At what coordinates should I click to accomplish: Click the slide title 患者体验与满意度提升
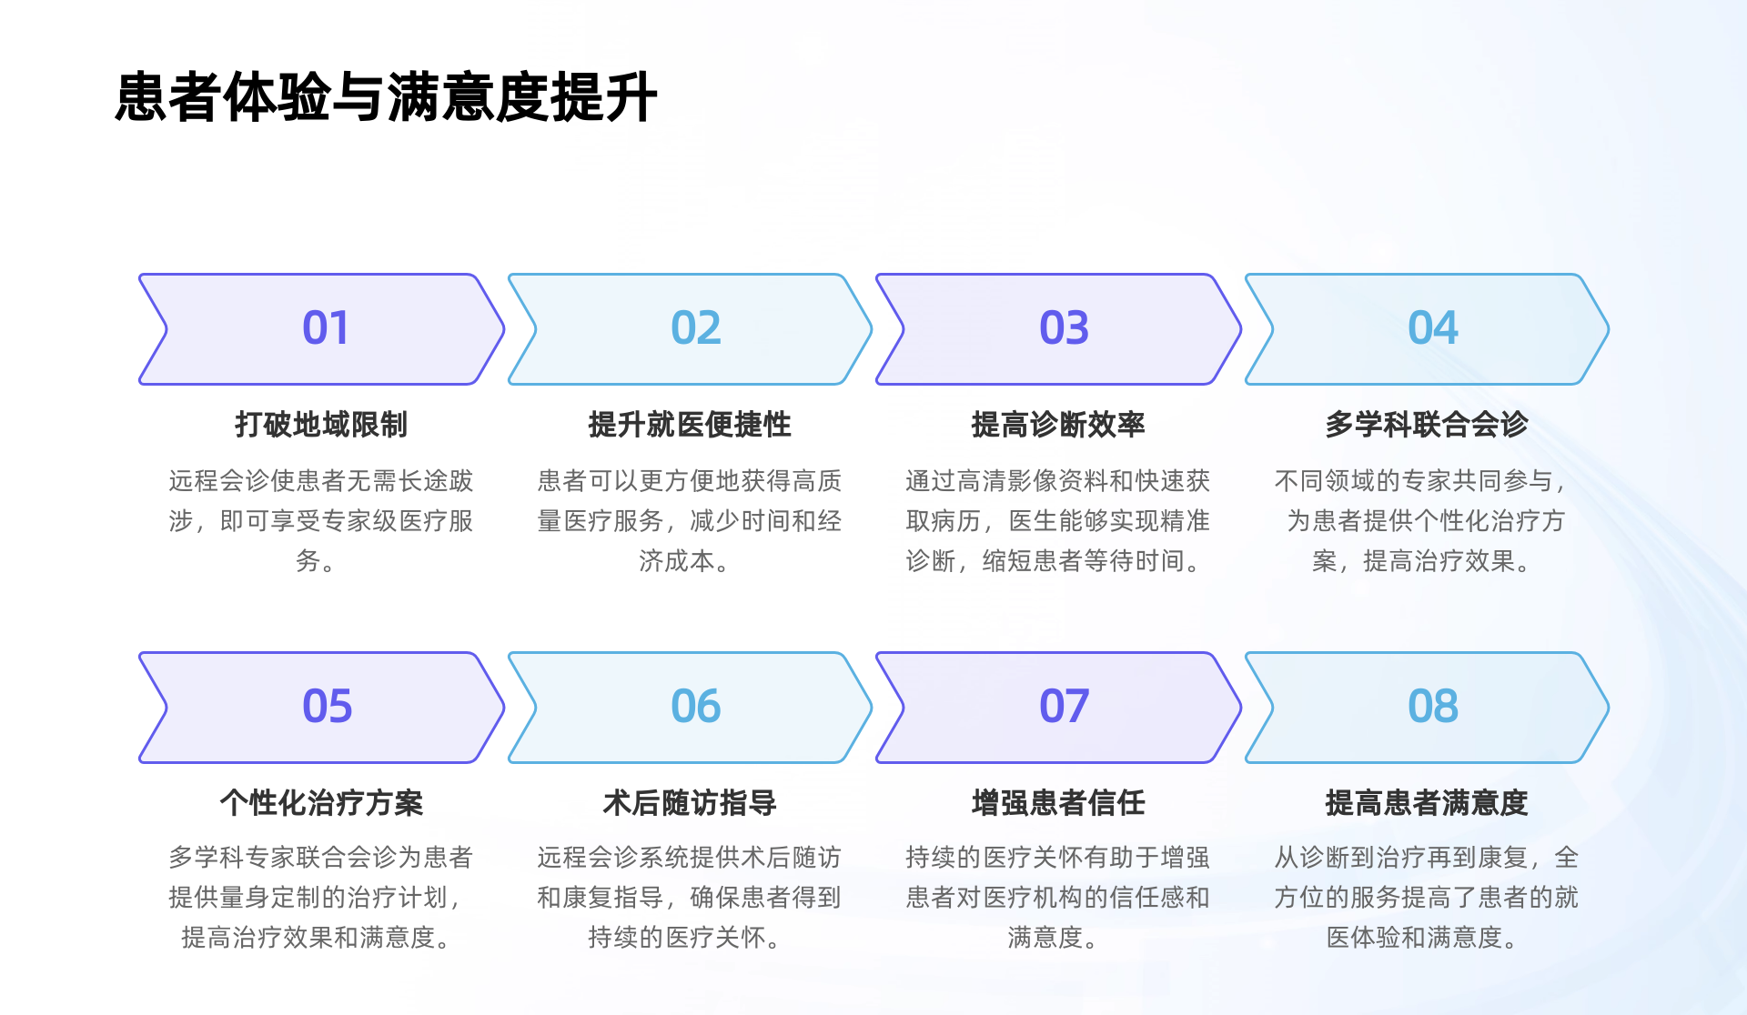point(386,96)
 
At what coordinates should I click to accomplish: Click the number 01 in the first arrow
point(325,328)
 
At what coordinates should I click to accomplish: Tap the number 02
point(695,328)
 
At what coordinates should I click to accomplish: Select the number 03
point(1064,328)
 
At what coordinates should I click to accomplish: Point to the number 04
point(1432,328)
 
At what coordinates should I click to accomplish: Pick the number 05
point(327,707)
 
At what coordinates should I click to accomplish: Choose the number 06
point(695,707)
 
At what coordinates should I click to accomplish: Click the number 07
point(1064,707)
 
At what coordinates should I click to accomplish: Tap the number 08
point(1432,707)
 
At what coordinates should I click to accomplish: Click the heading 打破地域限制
point(321,424)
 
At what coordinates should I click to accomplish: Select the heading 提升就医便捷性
point(690,424)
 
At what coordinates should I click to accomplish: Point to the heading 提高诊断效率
point(1058,424)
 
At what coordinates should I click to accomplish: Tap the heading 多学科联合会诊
point(1427,424)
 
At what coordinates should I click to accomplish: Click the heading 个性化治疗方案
point(321,802)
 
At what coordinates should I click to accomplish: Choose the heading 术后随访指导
point(690,802)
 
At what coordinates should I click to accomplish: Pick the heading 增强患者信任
point(1058,802)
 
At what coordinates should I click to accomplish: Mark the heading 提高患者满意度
point(1427,802)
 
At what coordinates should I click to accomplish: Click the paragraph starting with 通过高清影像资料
point(1058,520)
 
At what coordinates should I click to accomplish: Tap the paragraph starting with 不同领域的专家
point(1426,520)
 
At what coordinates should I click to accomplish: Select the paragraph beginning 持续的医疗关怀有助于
point(1058,897)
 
